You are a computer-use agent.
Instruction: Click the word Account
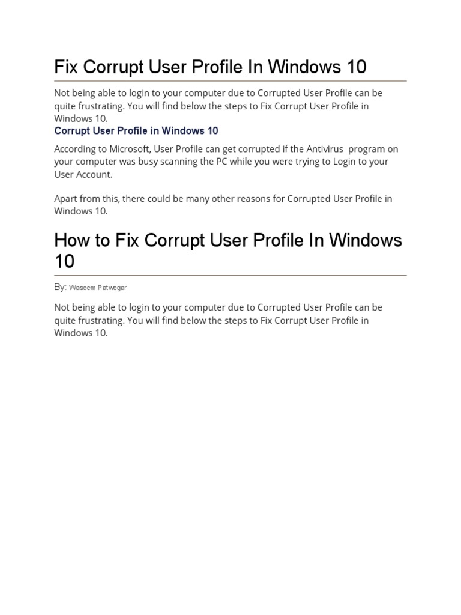93,174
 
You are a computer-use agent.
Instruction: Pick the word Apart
66,199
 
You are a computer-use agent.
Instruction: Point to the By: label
60,288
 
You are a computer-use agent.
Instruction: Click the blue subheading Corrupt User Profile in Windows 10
136,131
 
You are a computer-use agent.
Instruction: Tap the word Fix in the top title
67,67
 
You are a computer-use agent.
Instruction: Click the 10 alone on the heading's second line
64,262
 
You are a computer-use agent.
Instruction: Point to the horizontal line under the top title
230,80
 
